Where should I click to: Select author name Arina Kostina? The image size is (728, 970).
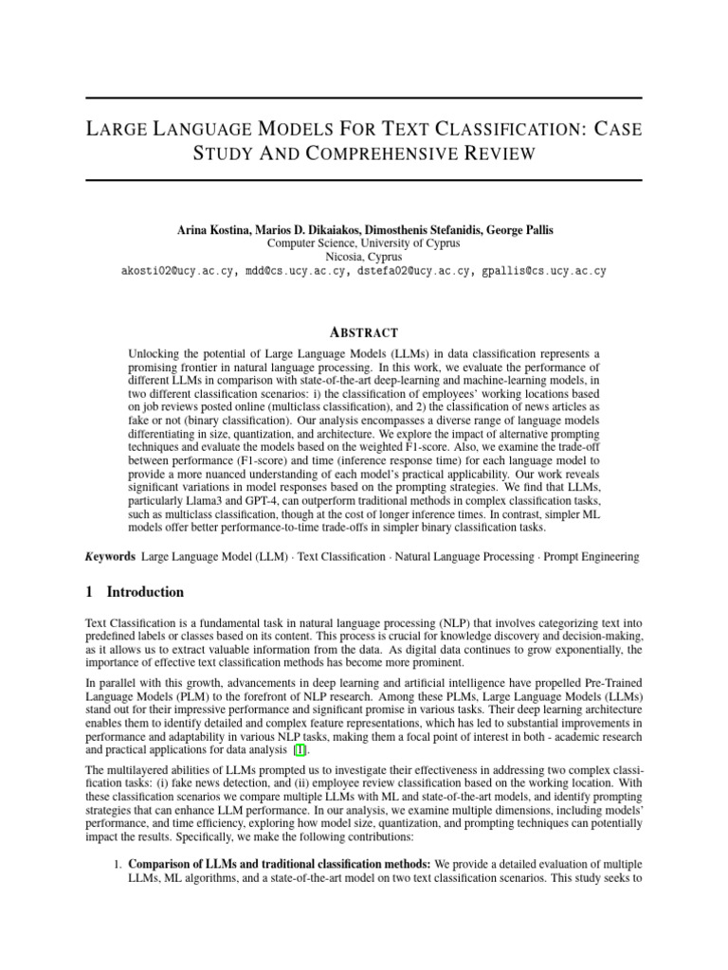[x=215, y=230]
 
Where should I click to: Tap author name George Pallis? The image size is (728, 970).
[x=517, y=230]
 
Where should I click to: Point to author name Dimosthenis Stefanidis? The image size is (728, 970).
[x=412, y=230]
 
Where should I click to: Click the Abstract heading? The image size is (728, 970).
[x=363, y=332]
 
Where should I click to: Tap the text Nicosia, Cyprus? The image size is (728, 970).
[x=364, y=257]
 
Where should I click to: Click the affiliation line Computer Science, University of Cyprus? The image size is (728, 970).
[x=364, y=243]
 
